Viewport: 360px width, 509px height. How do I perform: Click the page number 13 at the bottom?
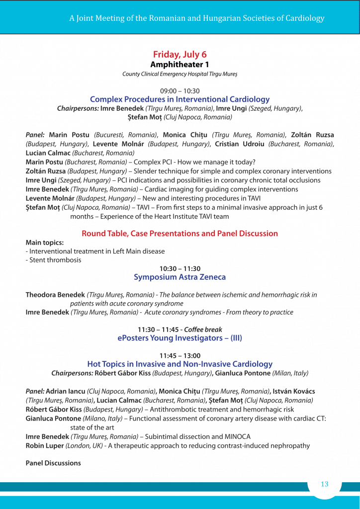click(x=325, y=484)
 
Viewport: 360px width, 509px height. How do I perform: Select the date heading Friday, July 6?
click(x=180, y=54)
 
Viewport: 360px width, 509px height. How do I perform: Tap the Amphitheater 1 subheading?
click(x=180, y=65)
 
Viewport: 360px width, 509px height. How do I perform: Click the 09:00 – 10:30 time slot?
click(x=180, y=91)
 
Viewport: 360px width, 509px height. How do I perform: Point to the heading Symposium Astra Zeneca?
click(x=180, y=277)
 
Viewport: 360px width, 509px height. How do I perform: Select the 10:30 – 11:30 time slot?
click(x=180, y=268)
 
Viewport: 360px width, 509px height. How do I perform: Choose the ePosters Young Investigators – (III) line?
click(x=180, y=338)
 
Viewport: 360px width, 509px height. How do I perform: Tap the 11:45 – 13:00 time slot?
click(x=180, y=355)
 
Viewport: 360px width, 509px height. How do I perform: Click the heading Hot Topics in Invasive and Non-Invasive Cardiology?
click(x=180, y=364)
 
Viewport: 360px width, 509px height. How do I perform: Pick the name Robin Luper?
click(x=45, y=445)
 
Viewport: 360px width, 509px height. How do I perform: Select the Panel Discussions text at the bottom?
click(x=53, y=463)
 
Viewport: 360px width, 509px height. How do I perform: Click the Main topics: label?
click(x=45, y=243)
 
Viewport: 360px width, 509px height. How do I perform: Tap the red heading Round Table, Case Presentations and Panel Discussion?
click(x=180, y=233)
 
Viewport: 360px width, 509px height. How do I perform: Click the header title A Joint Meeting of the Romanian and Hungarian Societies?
click(x=196, y=18)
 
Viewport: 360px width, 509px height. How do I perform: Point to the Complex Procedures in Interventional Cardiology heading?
click(x=180, y=99)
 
